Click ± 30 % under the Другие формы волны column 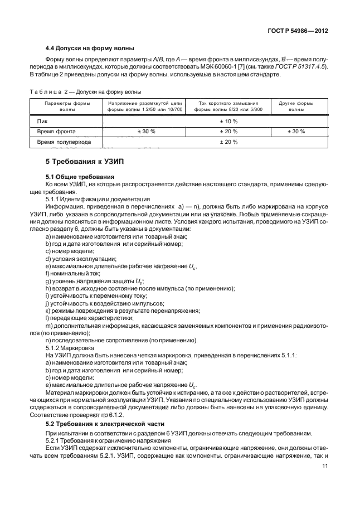pos(296,131)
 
